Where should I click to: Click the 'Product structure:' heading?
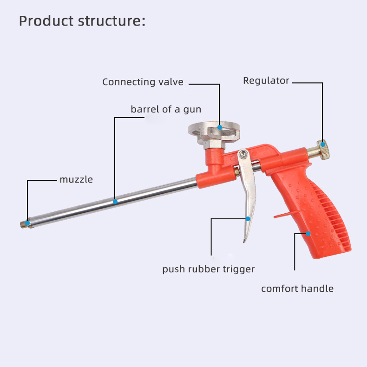point(82,21)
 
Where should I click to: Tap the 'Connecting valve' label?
point(143,82)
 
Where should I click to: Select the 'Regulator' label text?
point(266,81)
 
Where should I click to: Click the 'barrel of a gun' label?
point(166,110)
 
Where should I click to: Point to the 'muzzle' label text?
point(76,179)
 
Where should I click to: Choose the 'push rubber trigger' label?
point(208,269)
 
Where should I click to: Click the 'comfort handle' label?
point(297,288)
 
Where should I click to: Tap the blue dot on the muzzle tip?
point(27,223)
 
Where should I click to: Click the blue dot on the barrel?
point(115,202)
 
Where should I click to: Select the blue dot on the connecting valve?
point(219,126)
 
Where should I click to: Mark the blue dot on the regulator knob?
point(323,144)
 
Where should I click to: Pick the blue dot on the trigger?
point(248,218)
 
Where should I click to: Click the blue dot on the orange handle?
point(308,234)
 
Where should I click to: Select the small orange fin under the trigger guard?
point(281,215)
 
